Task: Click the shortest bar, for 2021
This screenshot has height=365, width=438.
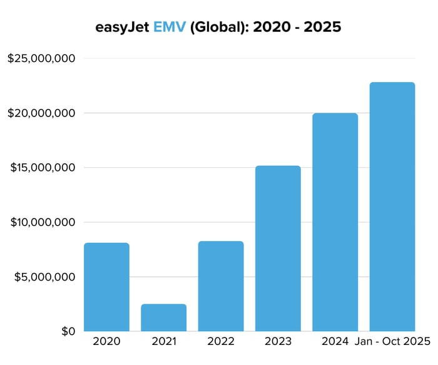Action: pyautogui.click(x=163, y=317)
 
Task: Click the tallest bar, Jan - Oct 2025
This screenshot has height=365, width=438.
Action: pyautogui.click(x=392, y=207)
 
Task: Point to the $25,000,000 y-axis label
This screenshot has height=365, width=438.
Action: pyautogui.click(x=41, y=59)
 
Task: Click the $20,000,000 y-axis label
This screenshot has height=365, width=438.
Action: pyautogui.click(x=41, y=113)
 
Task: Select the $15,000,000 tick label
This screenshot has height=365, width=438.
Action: pyautogui.click(x=41, y=168)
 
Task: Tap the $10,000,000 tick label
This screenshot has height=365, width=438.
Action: pyautogui.click(x=41, y=222)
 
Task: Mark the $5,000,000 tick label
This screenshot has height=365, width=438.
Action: pyautogui.click(x=45, y=277)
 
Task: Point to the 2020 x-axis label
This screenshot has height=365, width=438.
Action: pyautogui.click(x=106, y=342)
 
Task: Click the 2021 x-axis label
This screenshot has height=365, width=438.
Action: pyautogui.click(x=163, y=342)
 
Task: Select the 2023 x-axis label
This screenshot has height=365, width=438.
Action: pyautogui.click(x=278, y=342)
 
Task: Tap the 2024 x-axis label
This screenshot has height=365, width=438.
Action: pyautogui.click(x=335, y=342)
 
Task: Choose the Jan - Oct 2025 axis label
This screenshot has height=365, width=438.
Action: pyautogui.click(x=392, y=342)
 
